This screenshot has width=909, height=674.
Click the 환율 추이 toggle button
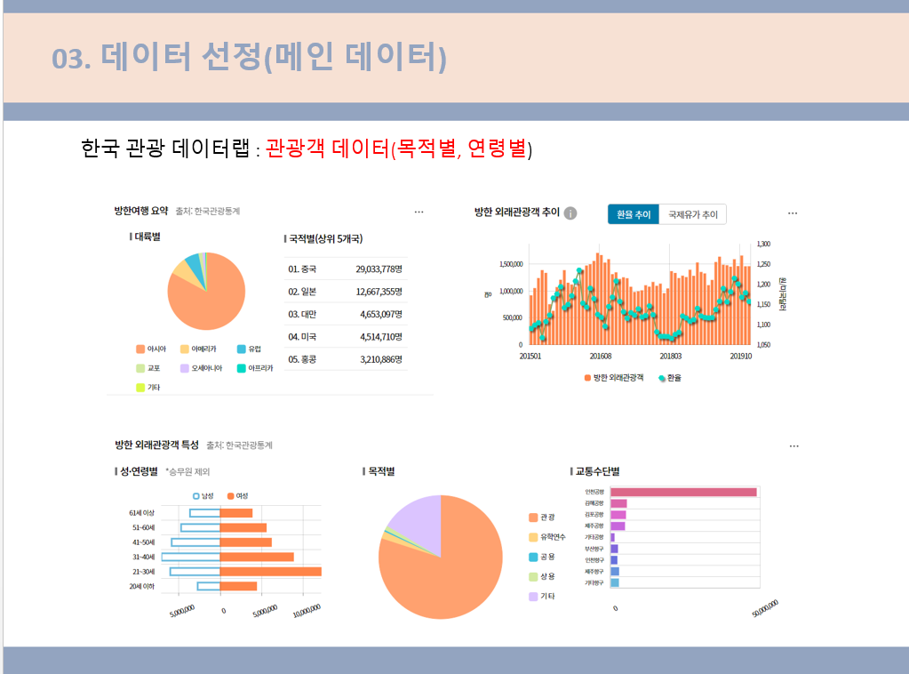pos(634,214)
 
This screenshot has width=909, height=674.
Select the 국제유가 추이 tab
pos(692,214)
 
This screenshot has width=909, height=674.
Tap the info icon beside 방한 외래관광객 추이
pos(570,213)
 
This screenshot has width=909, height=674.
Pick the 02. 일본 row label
pos(302,292)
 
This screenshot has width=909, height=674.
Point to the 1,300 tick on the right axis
pos(763,244)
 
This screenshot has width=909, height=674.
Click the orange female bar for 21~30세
pos(270,572)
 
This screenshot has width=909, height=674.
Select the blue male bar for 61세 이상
pos(204,513)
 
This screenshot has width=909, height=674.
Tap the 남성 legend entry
pos(203,495)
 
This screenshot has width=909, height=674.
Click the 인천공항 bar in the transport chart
pos(682,492)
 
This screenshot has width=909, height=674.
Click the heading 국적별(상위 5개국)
pos(324,239)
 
